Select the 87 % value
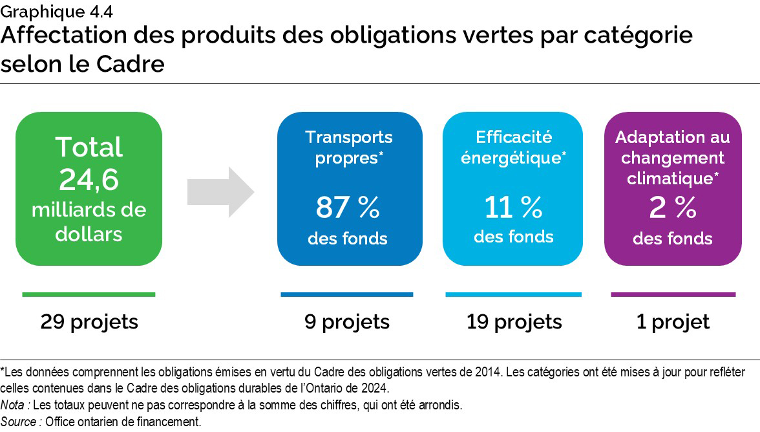pyautogui.click(x=348, y=208)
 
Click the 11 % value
pyautogui.click(x=514, y=208)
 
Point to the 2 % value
pyautogui.click(x=672, y=208)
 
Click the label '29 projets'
pyautogui.click(x=89, y=321)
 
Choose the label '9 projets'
pyautogui.click(x=347, y=321)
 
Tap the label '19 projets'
pyautogui.click(x=514, y=321)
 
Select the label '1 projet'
pyautogui.click(x=673, y=321)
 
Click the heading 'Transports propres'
pyautogui.click(x=349, y=147)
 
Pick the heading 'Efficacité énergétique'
pyautogui.click(x=514, y=147)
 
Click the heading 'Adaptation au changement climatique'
pyautogui.click(x=672, y=157)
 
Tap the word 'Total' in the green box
pyautogui.click(x=89, y=147)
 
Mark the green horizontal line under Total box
pyautogui.click(x=89, y=295)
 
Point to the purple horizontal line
pyautogui.click(x=673, y=295)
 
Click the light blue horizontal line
pyautogui.click(x=514, y=295)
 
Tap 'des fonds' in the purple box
pyautogui.click(x=672, y=239)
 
